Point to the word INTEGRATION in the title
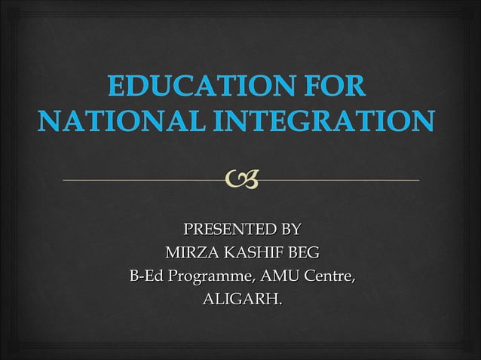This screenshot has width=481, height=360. (x=324, y=121)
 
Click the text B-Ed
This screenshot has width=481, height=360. (x=146, y=276)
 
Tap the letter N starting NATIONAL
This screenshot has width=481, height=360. (x=47, y=121)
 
